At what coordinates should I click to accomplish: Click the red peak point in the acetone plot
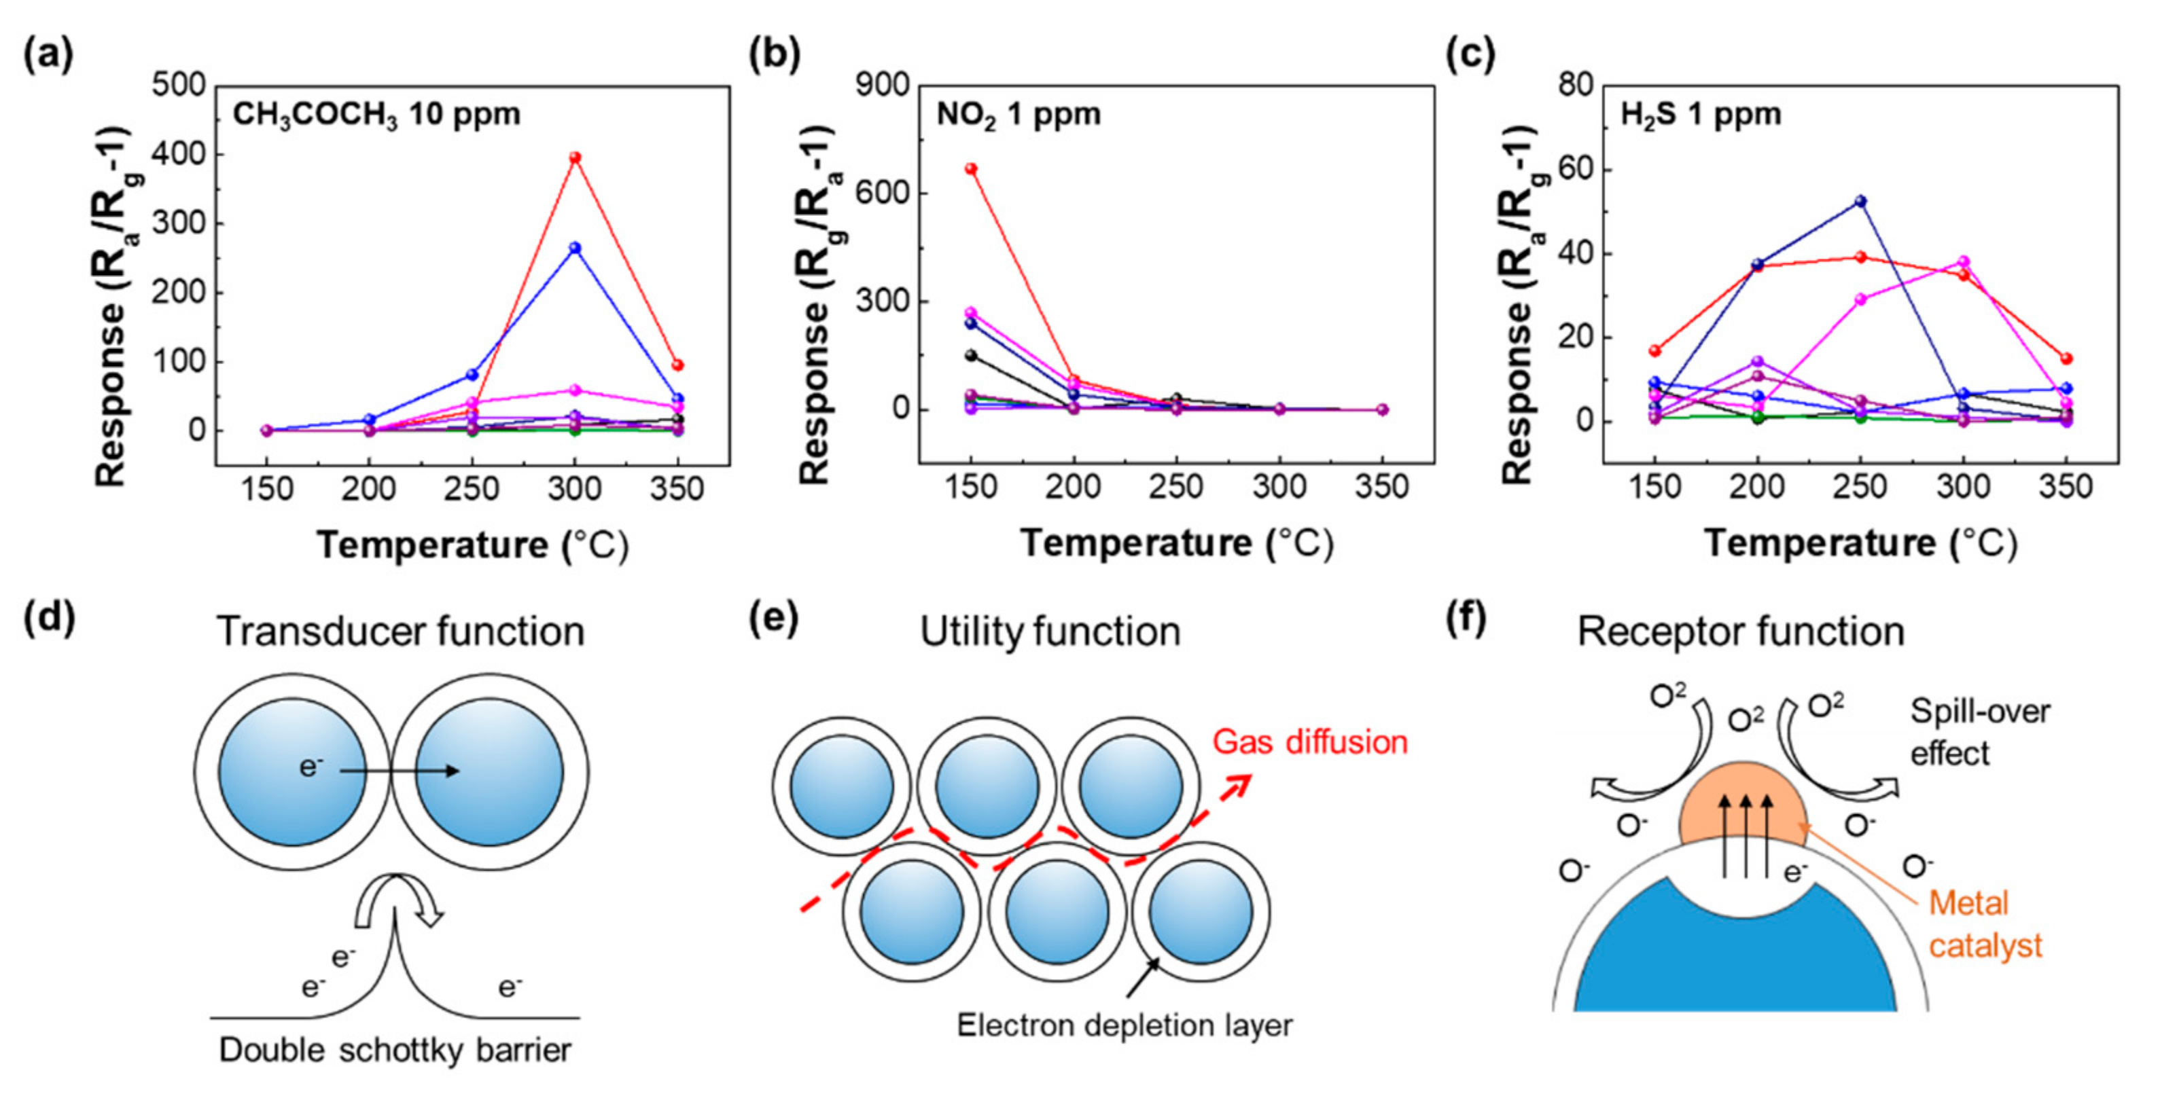[x=576, y=158]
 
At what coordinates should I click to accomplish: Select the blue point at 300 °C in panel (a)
[x=576, y=248]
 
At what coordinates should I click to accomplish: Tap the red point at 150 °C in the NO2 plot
[x=971, y=168]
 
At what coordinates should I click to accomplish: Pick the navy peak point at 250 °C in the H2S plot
[x=1860, y=201]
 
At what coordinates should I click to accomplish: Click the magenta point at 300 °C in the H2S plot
[x=1963, y=262]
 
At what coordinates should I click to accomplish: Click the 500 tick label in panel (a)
[x=179, y=86]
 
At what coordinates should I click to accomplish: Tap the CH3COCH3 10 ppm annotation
[x=376, y=115]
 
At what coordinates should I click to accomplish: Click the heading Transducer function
[x=400, y=631]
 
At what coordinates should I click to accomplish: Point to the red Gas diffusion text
[x=1310, y=742]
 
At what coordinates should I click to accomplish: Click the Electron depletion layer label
[x=1125, y=1025]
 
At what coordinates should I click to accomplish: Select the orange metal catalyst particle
[x=1744, y=805]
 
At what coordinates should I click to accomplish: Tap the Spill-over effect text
[x=1979, y=732]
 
